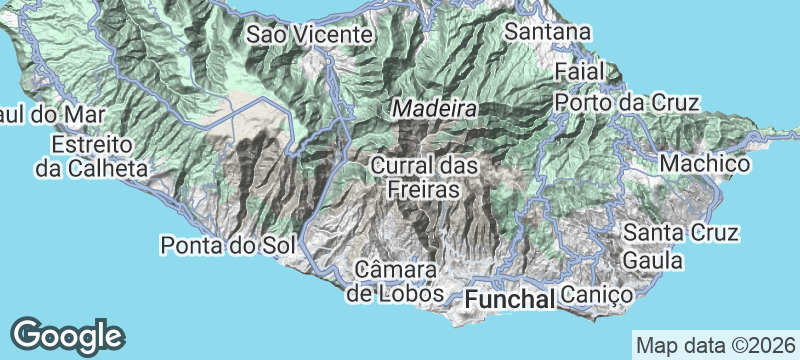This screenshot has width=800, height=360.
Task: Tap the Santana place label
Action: pos(546,32)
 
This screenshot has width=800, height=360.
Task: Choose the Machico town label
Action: pos(706,162)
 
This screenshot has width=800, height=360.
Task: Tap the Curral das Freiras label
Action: pos(424,176)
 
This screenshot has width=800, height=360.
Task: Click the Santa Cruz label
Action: pos(680,233)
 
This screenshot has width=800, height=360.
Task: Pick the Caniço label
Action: pos(596,295)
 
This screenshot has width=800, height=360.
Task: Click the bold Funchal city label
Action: pos(510,298)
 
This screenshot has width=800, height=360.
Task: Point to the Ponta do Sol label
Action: pos(217,244)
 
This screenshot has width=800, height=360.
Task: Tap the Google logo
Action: pos(67,333)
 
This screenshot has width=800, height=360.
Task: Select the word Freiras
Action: pos(424,188)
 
